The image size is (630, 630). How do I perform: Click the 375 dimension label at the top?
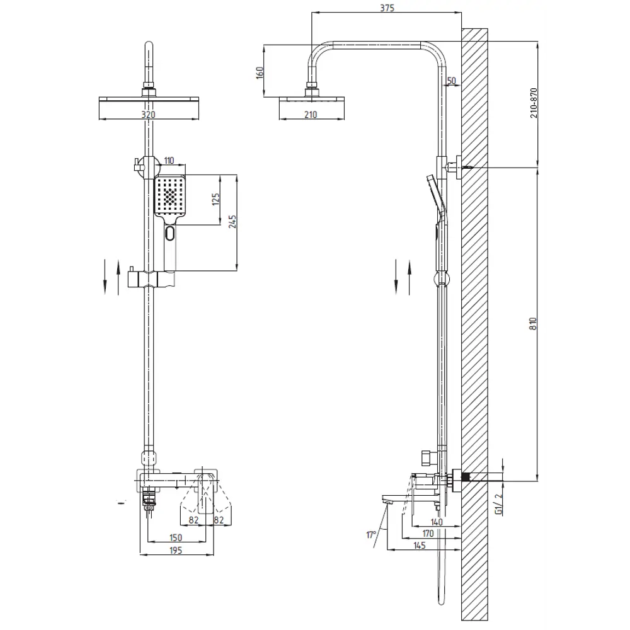(387, 8)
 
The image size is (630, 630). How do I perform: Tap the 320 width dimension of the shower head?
(148, 115)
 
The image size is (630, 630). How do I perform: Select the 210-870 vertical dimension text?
(534, 103)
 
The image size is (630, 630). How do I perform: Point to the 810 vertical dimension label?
(533, 324)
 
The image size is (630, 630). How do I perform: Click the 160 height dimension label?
(260, 72)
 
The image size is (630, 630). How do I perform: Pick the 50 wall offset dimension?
(452, 81)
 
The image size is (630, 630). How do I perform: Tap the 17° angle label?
(371, 535)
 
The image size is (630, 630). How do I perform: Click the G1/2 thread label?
(498, 504)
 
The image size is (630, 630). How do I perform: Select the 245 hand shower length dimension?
(232, 222)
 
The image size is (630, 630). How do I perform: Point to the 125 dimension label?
(215, 199)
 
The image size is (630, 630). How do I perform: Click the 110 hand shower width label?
(169, 161)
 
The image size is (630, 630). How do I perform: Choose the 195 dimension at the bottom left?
(176, 550)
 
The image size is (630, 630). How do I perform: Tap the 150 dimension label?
(176, 537)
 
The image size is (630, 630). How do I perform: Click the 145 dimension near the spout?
(419, 545)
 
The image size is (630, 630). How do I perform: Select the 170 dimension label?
(428, 533)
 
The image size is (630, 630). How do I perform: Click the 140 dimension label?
(437, 522)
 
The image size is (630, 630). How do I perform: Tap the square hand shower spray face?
(170, 197)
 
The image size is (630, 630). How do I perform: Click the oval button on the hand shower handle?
(170, 233)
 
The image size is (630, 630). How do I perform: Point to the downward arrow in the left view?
(105, 277)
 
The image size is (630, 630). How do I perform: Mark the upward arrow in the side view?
(409, 277)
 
